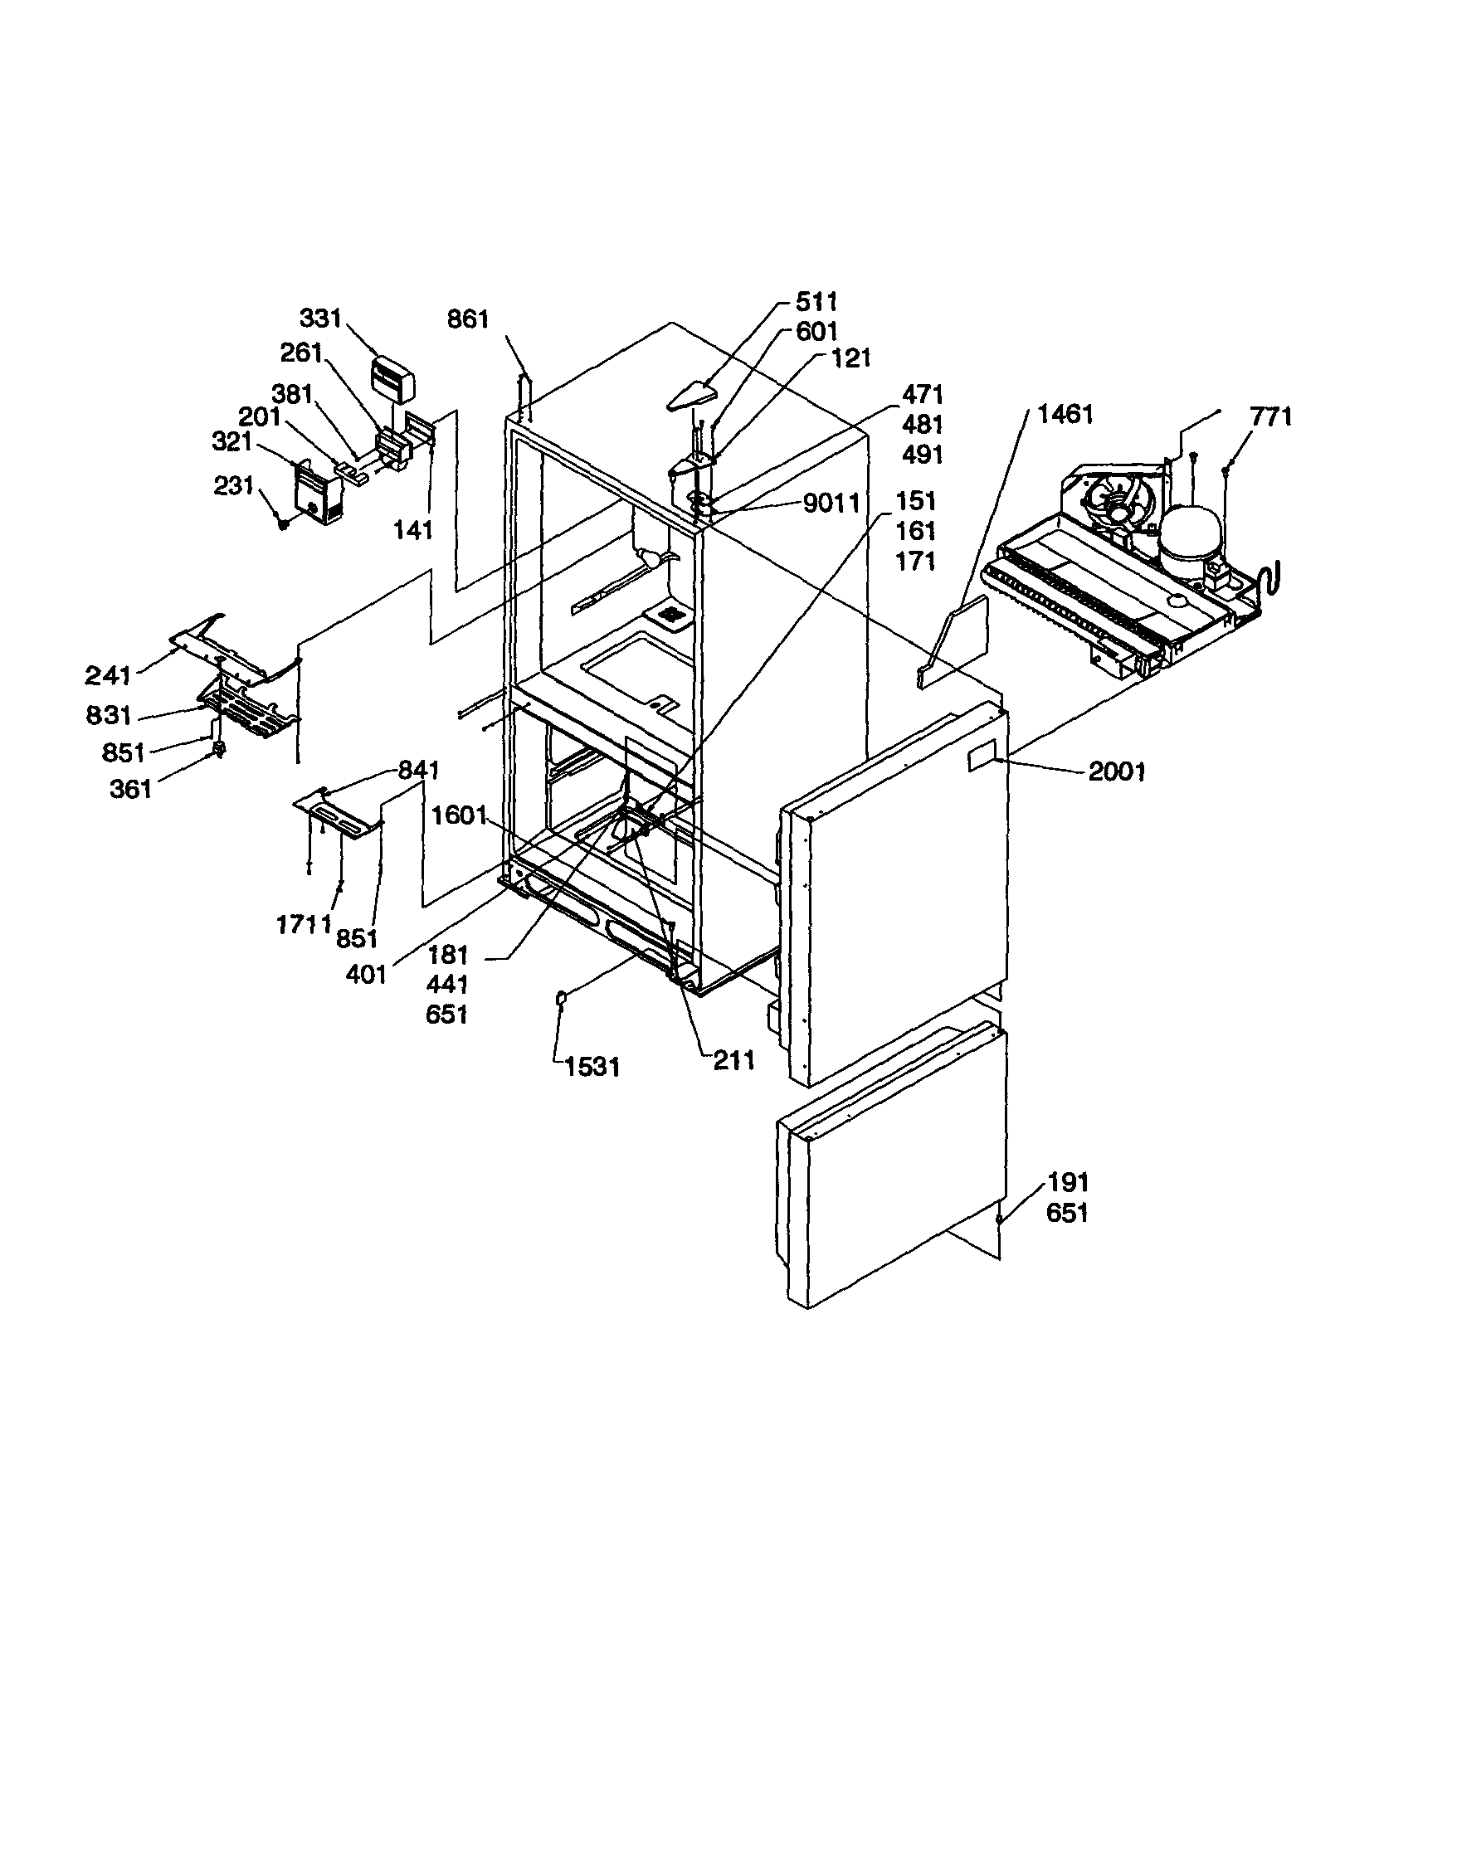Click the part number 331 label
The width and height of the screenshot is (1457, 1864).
(x=320, y=319)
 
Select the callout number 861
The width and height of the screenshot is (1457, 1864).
(x=468, y=319)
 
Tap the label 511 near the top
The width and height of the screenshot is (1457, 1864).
(x=816, y=301)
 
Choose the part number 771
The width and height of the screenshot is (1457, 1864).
(x=1271, y=416)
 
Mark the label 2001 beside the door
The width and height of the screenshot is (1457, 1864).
(x=1117, y=771)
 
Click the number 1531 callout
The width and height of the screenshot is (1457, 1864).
(x=592, y=1067)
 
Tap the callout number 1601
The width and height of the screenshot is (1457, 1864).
(x=459, y=816)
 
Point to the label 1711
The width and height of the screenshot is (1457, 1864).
(x=303, y=924)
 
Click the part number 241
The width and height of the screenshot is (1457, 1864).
(x=109, y=676)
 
